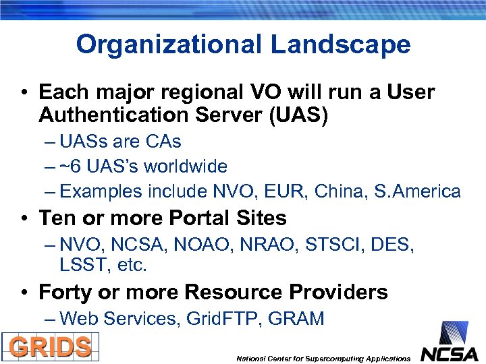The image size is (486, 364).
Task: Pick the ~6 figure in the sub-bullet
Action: [x=70, y=166]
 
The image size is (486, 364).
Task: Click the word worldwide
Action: [x=188, y=166]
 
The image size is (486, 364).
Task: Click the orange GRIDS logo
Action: [x=51, y=347]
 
